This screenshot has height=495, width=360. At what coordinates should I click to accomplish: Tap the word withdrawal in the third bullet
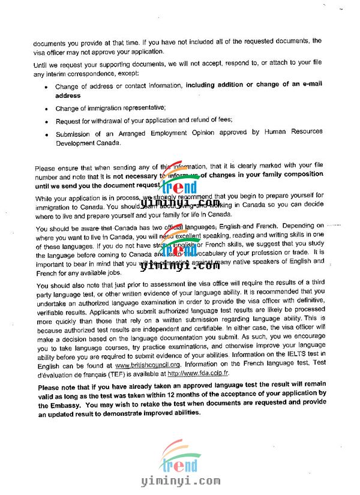coord(112,120)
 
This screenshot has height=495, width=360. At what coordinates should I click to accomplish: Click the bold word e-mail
coord(308,85)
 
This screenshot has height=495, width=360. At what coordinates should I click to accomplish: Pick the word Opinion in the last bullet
coord(212,132)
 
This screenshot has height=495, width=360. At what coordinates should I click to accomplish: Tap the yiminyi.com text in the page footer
coord(180,481)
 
